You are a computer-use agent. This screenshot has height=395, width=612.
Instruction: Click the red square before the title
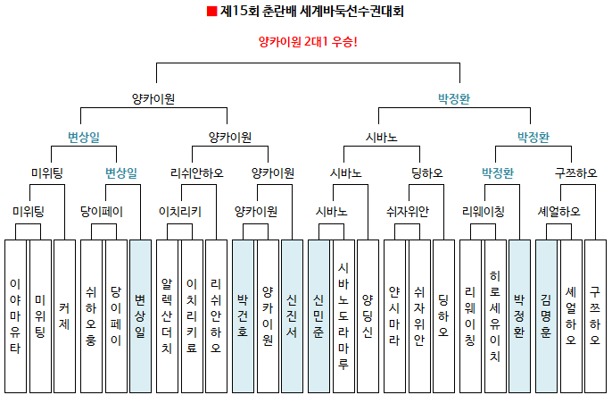[211, 12]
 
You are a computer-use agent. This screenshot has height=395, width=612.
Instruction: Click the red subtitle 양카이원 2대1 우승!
[308, 41]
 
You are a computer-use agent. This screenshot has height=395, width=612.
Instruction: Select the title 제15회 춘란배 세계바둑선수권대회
[311, 11]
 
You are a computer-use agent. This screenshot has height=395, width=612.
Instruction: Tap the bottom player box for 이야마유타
[16, 316]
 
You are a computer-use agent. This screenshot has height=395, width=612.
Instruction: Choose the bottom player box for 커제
[64, 316]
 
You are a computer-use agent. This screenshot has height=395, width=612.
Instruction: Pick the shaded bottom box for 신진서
[292, 316]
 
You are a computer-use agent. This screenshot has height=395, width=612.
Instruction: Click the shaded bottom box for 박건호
[243, 316]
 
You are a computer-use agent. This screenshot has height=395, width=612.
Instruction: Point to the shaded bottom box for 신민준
[318, 316]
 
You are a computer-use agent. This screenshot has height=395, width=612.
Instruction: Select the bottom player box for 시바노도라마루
[343, 316]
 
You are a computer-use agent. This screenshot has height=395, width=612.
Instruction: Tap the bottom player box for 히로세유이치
[495, 316]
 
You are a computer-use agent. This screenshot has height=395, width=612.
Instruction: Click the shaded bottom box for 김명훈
[546, 316]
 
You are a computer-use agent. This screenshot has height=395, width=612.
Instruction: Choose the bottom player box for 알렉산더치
[167, 316]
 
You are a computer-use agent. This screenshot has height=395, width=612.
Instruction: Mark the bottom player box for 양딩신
[368, 316]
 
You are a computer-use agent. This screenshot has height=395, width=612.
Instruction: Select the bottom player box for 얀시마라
[394, 316]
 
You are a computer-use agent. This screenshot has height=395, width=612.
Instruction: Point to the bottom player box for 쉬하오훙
[91, 316]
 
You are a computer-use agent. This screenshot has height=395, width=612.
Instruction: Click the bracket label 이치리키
[180, 212]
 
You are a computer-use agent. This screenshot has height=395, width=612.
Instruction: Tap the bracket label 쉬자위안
[408, 212]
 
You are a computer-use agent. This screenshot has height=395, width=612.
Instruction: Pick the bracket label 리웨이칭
[484, 212]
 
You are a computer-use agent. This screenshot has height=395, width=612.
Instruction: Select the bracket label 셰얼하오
[558, 212]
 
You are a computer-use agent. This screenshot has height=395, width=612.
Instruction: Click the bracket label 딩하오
[427, 172]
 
